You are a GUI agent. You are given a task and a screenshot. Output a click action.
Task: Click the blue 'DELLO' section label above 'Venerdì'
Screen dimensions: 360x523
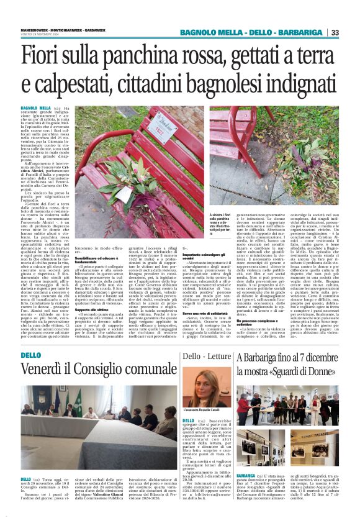30,354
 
